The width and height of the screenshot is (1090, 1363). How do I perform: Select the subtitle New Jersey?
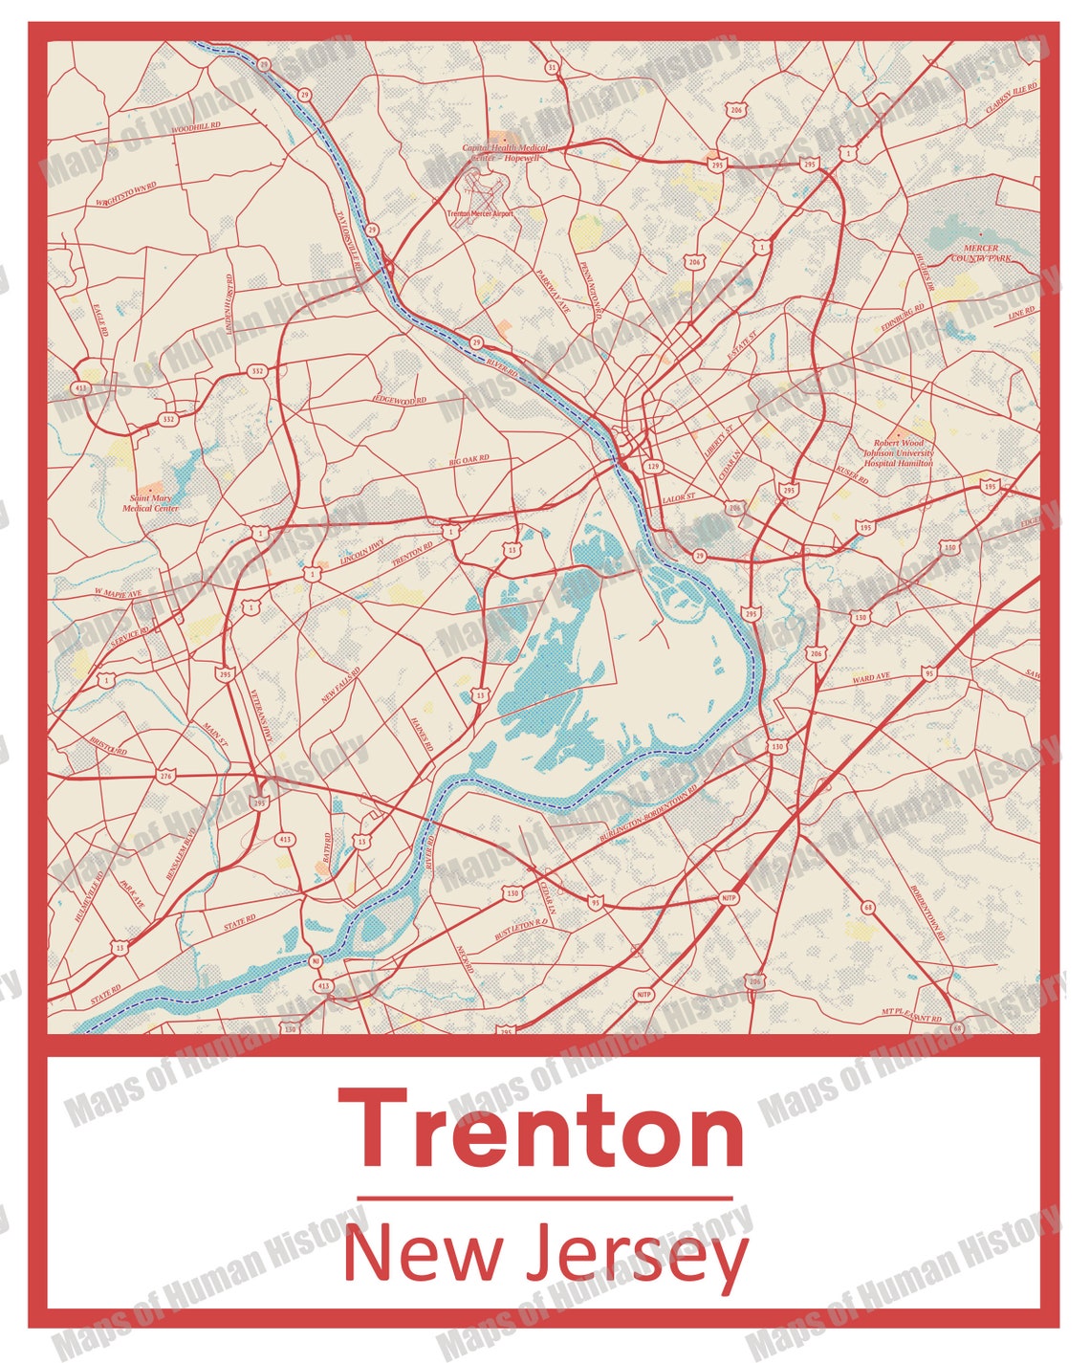pos(545,1253)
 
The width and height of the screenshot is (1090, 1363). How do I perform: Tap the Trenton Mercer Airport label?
pos(480,214)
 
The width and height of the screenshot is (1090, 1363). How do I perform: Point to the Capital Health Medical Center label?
pos(506,153)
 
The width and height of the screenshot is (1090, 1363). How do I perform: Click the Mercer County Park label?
pos(981,253)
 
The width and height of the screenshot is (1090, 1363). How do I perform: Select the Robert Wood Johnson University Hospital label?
pos(898,453)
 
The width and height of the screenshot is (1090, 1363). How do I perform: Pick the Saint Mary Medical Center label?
pos(150,503)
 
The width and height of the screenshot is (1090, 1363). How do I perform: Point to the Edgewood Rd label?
pos(400,399)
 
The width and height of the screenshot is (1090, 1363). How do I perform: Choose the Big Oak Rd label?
pos(469,461)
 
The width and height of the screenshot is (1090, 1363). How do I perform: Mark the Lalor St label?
pos(679,498)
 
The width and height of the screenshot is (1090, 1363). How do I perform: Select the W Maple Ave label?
pos(117,594)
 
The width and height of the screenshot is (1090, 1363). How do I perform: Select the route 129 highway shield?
pos(653,467)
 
